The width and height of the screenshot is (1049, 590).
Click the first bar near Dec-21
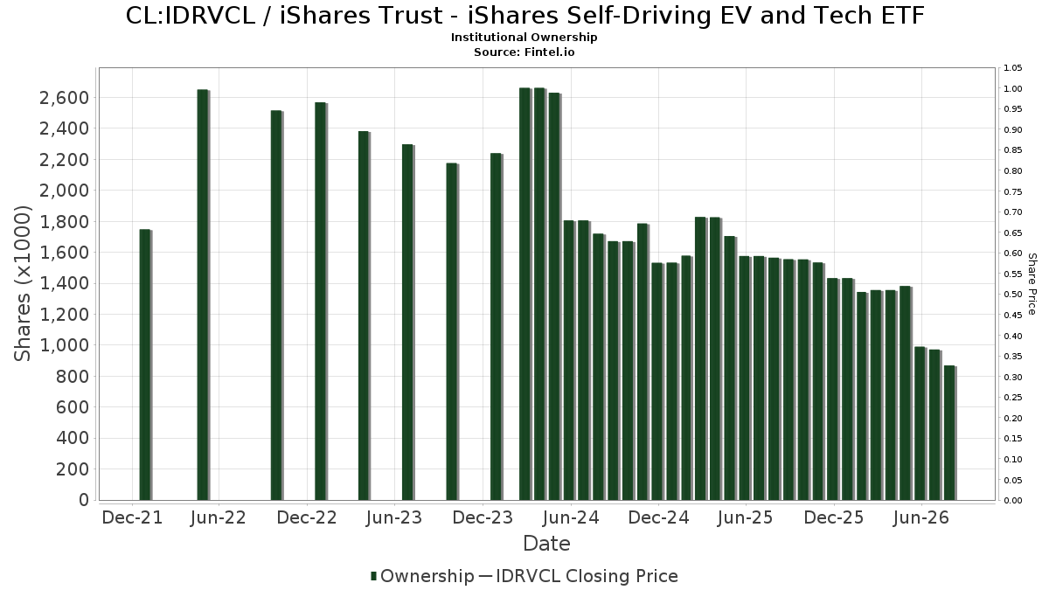[x=145, y=364]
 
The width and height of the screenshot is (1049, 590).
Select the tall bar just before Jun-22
[x=203, y=295]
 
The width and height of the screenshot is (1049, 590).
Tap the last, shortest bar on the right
[x=949, y=434]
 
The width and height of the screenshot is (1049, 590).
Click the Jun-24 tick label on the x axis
[x=570, y=517]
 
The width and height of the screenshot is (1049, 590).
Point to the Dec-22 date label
[x=307, y=517]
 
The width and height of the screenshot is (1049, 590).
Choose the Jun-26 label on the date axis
[x=921, y=517]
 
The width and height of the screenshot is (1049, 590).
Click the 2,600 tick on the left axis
[x=64, y=98]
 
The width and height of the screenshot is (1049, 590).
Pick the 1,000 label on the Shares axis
[x=64, y=345]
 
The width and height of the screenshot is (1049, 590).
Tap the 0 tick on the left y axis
[x=84, y=500]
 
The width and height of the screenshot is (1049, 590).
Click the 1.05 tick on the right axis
[x=1012, y=68]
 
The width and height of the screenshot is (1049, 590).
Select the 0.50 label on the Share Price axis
[x=1012, y=295]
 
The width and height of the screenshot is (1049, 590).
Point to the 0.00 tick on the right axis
[x=1012, y=501]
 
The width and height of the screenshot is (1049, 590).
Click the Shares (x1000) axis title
[x=22, y=284]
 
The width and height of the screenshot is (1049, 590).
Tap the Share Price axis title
[x=1032, y=284]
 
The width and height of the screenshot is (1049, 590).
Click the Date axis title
[x=546, y=544]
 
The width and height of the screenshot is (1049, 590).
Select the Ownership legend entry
[x=422, y=576]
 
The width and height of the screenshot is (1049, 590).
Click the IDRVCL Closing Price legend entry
[x=579, y=576]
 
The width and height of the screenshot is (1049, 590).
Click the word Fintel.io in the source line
[x=549, y=52]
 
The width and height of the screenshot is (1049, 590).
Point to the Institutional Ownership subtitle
[x=524, y=38]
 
